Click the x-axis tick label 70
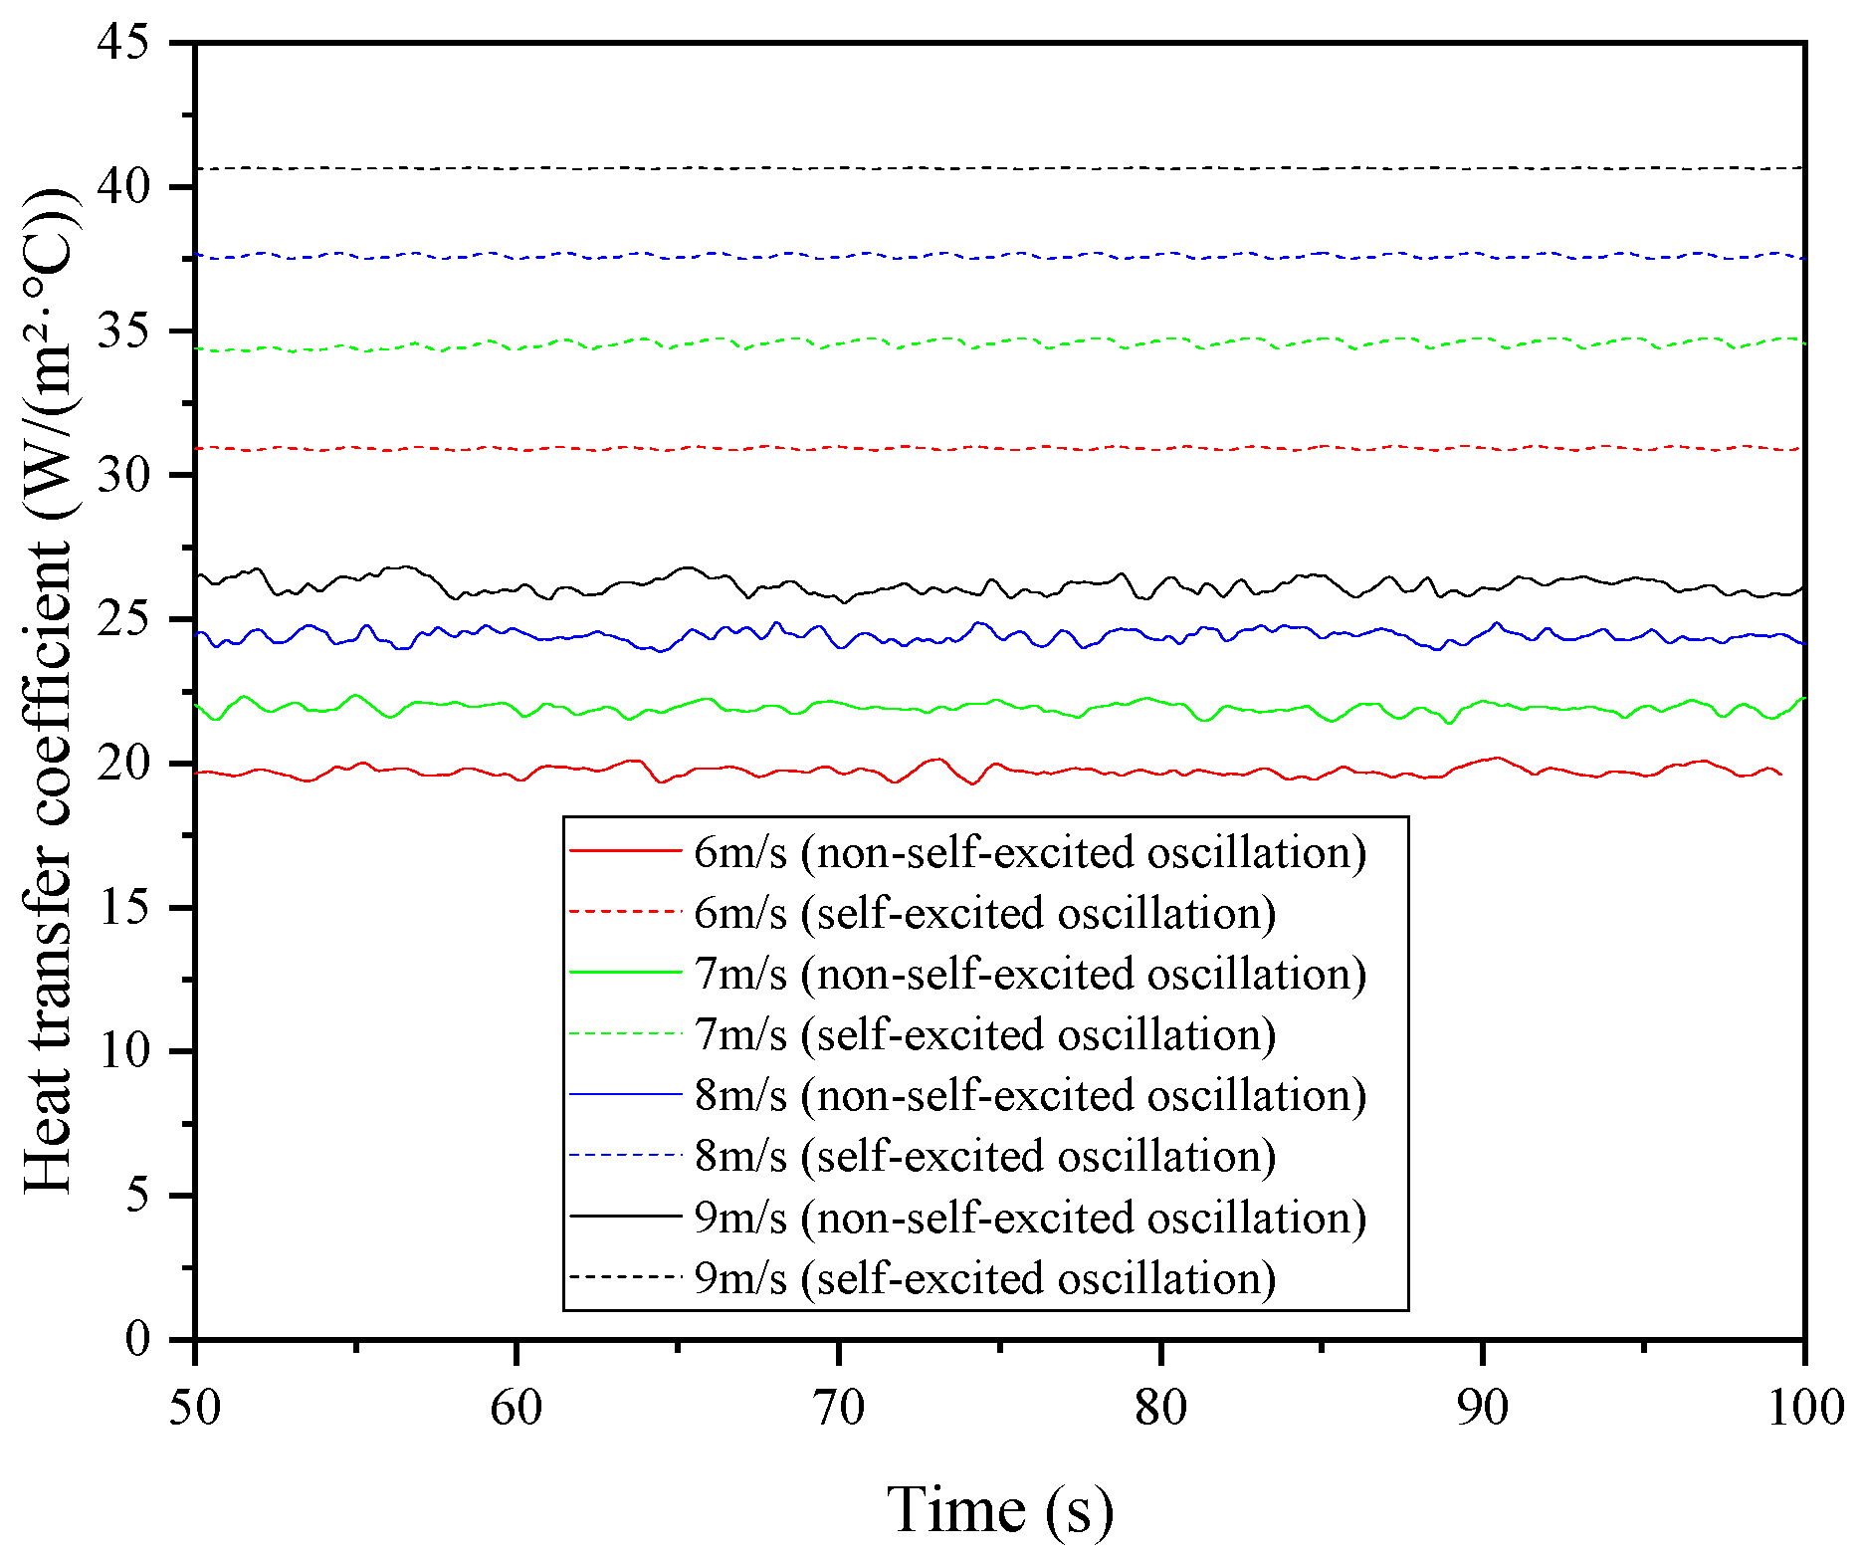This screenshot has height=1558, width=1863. point(839,1408)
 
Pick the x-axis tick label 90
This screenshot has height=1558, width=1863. point(1483,1408)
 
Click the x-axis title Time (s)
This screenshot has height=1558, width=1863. point(999,1509)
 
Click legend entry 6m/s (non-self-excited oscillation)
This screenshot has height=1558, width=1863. point(1030,852)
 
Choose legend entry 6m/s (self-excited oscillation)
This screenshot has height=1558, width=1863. point(985,913)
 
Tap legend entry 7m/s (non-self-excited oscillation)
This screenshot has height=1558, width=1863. point(1030,974)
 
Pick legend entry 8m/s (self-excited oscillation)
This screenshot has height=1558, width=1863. point(985,1156)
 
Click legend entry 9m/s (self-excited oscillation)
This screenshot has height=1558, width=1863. point(985,1278)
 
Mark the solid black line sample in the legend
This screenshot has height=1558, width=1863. point(625,1217)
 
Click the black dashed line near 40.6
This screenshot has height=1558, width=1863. point(995,168)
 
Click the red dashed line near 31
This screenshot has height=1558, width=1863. point(995,448)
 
